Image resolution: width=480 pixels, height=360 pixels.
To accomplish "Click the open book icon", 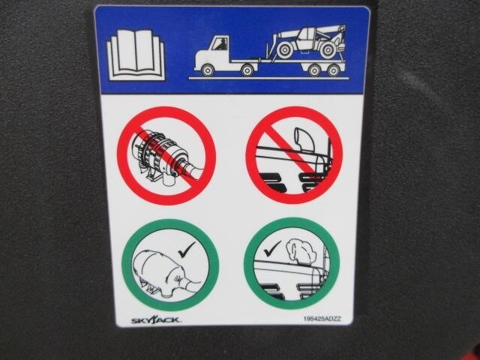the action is tap(136, 55).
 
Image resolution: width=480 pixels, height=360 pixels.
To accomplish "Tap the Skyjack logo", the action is tap(156, 320).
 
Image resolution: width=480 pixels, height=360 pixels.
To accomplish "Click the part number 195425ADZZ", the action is tap(322, 319).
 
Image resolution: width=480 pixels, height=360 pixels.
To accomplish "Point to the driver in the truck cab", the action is tap(221, 45).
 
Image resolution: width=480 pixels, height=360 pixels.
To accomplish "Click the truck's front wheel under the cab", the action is tap(207, 70).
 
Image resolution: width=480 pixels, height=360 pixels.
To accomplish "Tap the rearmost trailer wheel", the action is tap(334, 70).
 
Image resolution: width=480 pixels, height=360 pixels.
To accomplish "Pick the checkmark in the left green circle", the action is tap(187, 250).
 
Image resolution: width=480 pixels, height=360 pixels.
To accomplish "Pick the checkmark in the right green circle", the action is tap(272, 248).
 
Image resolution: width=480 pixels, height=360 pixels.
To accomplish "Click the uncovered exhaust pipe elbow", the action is tap(301, 139).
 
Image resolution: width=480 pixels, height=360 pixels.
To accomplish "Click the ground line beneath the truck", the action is tap(268, 79).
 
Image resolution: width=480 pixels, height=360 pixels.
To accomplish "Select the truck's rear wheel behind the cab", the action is tap(247, 70).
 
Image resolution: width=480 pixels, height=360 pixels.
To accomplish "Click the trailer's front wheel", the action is tap(314, 70).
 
